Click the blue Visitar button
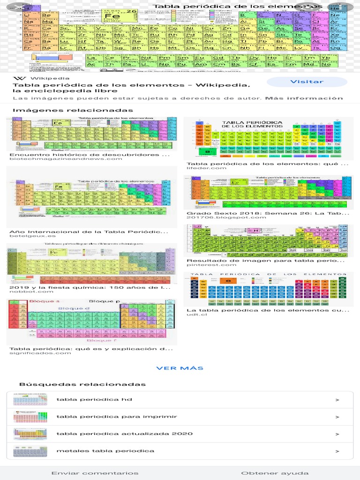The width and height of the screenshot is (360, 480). coord(307,82)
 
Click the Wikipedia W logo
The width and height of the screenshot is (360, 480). coord(19,78)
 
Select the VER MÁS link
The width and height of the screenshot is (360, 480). coord(180,368)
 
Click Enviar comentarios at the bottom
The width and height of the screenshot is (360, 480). coord(95,473)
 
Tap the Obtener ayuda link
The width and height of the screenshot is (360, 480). coord(275,473)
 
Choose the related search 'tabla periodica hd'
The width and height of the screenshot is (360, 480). coord(94,400)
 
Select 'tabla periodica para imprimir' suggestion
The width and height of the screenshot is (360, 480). coord(117,416)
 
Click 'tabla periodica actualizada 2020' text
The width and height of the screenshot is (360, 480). coord(124,434)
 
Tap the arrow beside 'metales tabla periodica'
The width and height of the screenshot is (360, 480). coord(337,451)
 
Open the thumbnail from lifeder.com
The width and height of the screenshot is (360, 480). coord(268,138)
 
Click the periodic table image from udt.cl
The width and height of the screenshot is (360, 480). coord(268,289)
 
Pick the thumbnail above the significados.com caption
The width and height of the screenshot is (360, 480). coord(92,321)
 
